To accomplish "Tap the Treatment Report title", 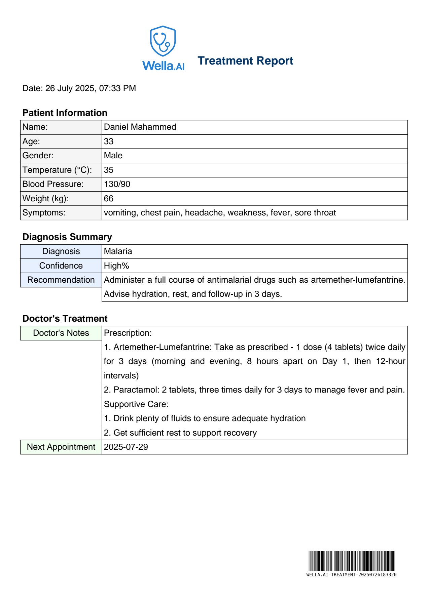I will click(x=245, y=61).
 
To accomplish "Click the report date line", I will click(x=79, y=88).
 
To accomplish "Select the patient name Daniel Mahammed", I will click(x=140, y=127).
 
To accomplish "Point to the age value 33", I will click(x=109, y=142).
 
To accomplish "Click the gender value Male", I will click(x=113, y=156).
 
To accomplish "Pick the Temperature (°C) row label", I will click(x=57, y=170).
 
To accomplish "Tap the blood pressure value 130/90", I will click(x=117, y=184).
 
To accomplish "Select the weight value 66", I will click(x=109, y=199).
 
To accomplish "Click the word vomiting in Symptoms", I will click(x=120, y=213).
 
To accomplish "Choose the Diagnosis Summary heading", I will click(x=67, y=237).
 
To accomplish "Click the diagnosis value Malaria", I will click(x=118, y=251).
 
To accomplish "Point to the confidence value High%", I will click(x=116, y=266).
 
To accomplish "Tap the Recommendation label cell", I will click(x=61, y=280).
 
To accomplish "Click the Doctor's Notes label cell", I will click(x=61, y=333).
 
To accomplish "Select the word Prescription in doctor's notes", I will click(x=128, y=333).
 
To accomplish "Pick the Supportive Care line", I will click(x=136, y=404).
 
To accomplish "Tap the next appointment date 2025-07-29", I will click(x=126, y=447).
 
